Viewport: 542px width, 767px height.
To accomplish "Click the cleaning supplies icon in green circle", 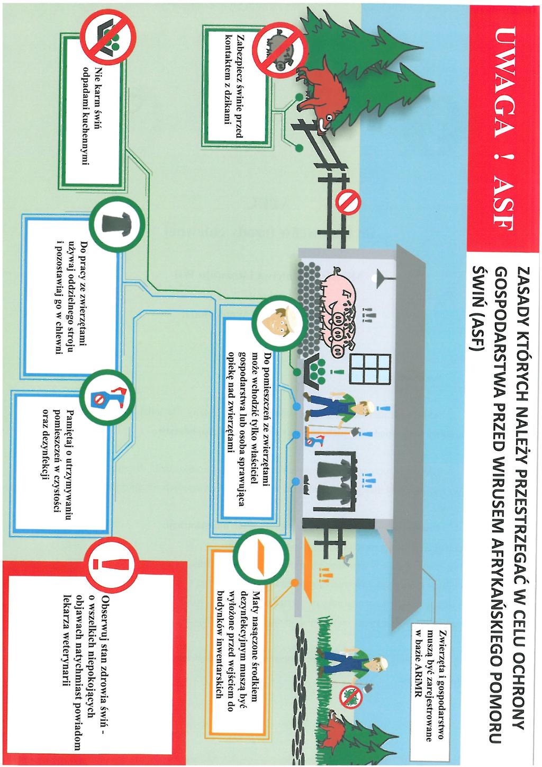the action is (x=109, y=398).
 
